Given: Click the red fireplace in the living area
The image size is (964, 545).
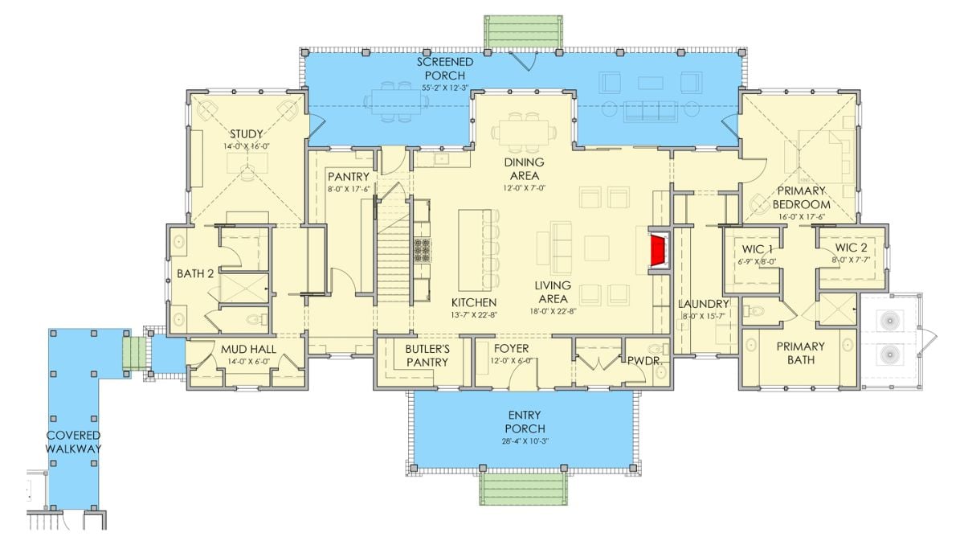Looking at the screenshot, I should (659, 250).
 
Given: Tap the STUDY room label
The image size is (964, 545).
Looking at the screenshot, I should (247, 133).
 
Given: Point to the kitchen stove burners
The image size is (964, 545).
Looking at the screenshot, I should (423, 251).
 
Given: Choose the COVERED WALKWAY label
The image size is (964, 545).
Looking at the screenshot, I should (73, 442).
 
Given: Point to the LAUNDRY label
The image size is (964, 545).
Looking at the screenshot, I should (703, 304).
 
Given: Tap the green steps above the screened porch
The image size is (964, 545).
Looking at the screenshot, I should (523, 31).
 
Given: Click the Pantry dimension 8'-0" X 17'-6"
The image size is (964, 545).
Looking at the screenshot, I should (349, 190).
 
